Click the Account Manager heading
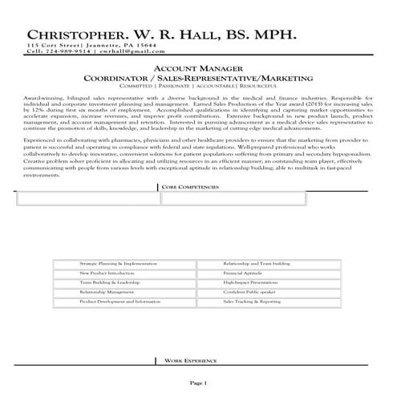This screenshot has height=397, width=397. click(x=197, y=70)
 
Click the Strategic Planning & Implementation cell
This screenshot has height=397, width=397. click(x=118, y=263)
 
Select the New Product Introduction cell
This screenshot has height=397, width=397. click(x=106, y=273)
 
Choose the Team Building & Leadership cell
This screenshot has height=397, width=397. click(x=109, y=283)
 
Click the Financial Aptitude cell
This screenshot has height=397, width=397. click(x=241, y=273)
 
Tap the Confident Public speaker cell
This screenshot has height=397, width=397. click(x=249, y=292)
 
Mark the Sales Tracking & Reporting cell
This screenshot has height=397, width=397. click(x=252, y=302)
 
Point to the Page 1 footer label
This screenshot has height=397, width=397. click(x=198, y=382)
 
